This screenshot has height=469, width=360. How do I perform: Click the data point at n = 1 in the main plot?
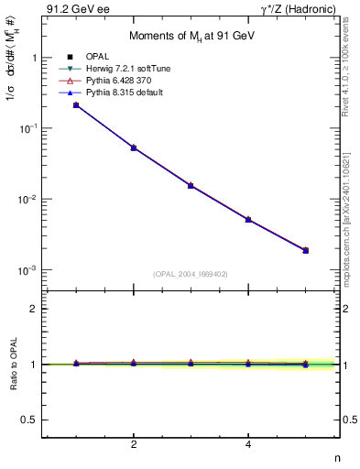point(76,105)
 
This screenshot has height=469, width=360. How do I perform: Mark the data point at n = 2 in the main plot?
point(134,147)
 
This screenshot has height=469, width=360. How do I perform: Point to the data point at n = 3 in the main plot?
point(191,185)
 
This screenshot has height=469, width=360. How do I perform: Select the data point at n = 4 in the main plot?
point(248,220)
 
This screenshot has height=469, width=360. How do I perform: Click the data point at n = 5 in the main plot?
point(305,250)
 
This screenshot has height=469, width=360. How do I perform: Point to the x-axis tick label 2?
point(134,445)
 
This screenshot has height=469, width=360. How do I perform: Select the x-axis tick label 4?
point(248,445)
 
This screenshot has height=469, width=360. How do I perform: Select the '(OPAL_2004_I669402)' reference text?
point(190,273)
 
